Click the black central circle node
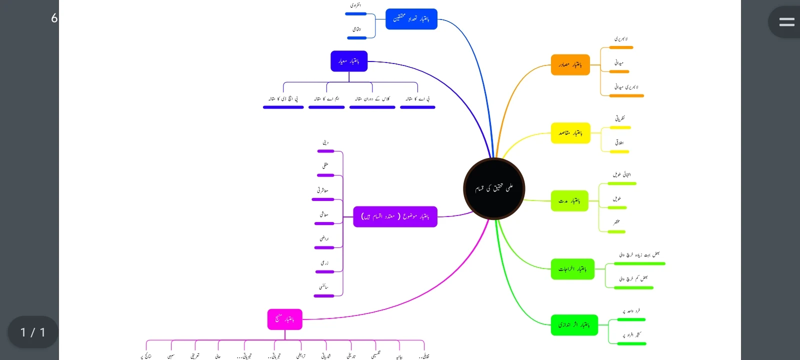(494, 188)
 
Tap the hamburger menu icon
(786, 22)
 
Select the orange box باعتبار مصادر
(570, 65)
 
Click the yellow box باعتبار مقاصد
(570, 133)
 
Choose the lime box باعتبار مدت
(569, 201)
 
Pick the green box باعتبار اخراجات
(572, 269)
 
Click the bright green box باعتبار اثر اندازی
(574, 325)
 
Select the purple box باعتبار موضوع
(395, 216)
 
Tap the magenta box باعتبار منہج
(284, 319)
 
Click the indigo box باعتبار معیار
(349, 61)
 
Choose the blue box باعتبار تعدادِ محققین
(411, 19)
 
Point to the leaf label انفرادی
(355, 5)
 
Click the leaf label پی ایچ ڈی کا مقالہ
(283, 99)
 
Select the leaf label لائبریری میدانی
(626, 87)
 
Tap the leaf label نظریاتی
(620, 118)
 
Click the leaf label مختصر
(616, 222)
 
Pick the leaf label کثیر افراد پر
(632, 334)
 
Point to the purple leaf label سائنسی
(324, 287)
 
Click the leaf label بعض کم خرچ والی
(633, 278)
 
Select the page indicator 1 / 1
(32, 332)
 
